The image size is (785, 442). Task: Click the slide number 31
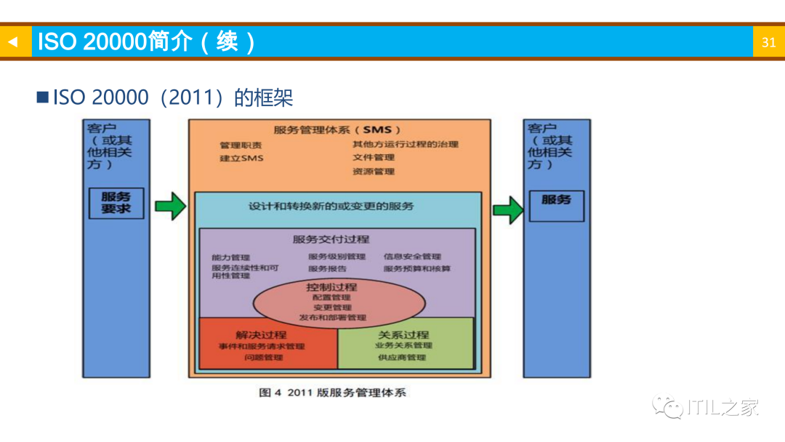coord(768,42)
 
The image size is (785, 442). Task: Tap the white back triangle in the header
coord(12,42)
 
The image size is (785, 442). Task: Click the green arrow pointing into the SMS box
coord(170,206)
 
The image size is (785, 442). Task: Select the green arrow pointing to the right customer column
coord(508,210)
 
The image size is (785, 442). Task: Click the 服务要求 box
coord(116,204)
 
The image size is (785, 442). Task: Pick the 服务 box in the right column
coord(556,200)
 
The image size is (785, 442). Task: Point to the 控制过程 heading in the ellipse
coord(331,287)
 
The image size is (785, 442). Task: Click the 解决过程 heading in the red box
coord(261,335)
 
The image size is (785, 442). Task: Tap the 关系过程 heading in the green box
coord(403,335)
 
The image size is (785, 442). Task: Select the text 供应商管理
coord(402,358)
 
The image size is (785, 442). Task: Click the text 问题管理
coord(263,358)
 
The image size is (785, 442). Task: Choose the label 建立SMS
coord(241,158)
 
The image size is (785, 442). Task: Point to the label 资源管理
coord(374,172)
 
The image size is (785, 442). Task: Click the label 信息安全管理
coord(412,257)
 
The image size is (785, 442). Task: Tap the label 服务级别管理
coord(337,257)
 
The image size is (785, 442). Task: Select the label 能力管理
coord(230,257)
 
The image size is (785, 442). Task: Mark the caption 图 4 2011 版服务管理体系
coord(333,393)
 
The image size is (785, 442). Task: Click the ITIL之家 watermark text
coord(722,408)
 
